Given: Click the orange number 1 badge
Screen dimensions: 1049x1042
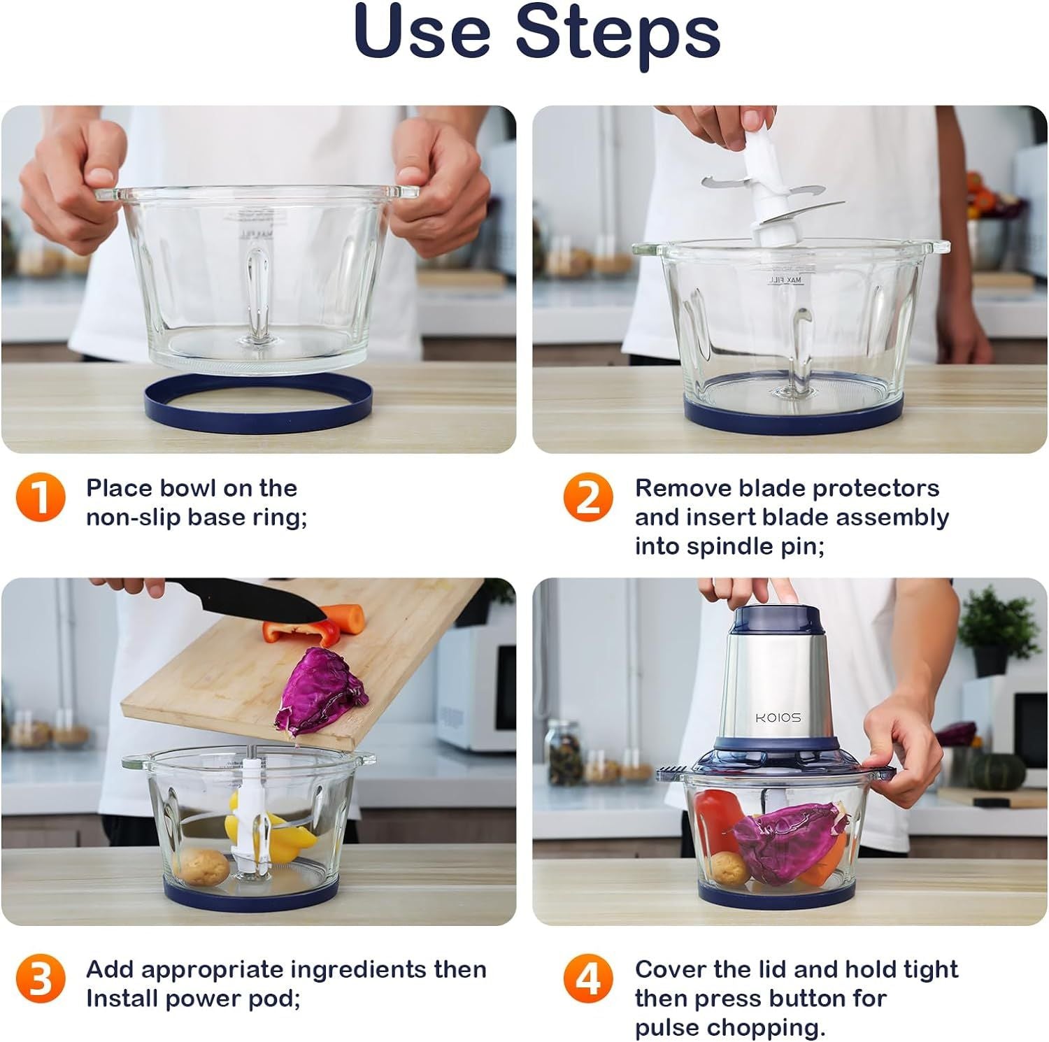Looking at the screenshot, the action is [x=41, y=498].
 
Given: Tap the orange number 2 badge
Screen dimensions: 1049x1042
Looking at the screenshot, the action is [x=588, y=498].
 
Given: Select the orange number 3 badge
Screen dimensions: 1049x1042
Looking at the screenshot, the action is [x=41, y=979].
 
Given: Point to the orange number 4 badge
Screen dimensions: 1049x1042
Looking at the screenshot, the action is [x=588, y=979].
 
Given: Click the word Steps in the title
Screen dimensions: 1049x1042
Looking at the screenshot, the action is [x=618, y=32].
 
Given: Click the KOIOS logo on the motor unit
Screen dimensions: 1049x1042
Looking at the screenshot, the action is [x=778, y=718].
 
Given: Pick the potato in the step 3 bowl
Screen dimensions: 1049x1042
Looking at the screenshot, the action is [x=201, y=867].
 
